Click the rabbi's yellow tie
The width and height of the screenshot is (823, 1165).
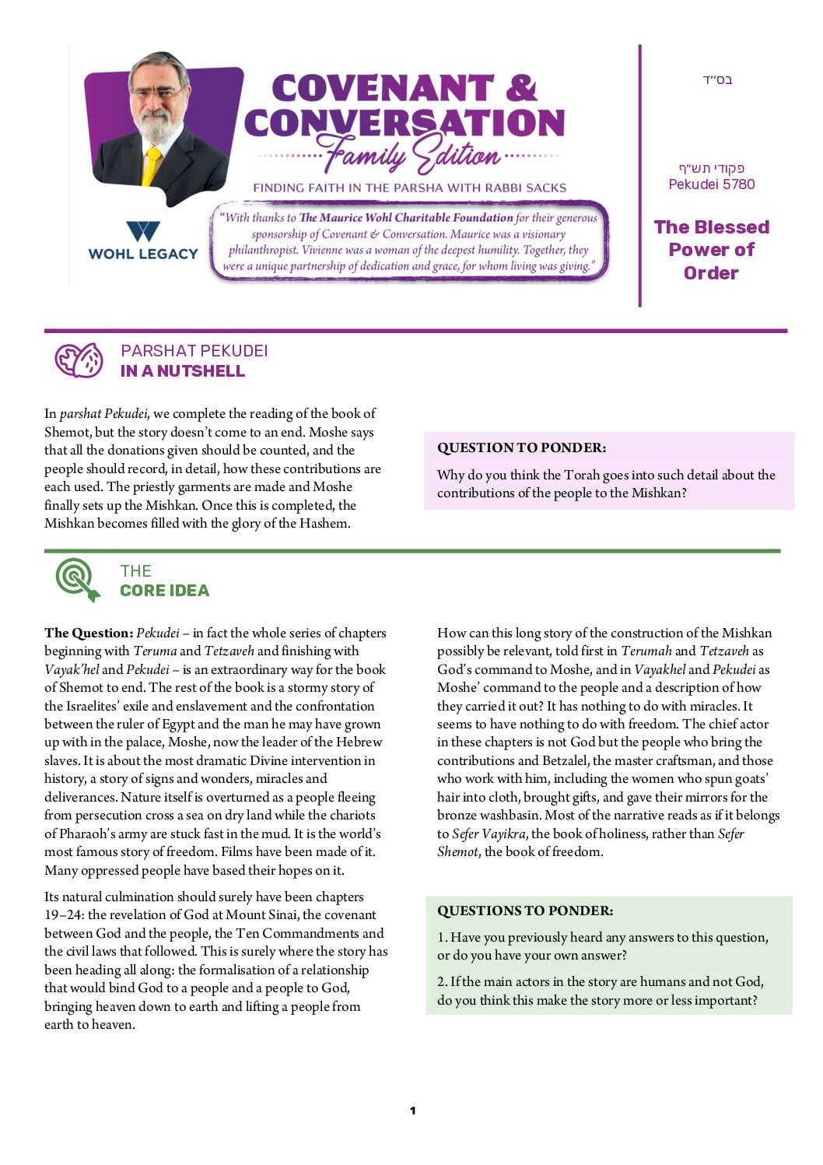click(151, 166)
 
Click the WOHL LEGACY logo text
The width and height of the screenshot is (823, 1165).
click(143, 254)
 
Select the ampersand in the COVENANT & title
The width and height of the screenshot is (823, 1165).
click(520, 88)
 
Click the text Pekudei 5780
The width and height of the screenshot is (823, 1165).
click(712, 184)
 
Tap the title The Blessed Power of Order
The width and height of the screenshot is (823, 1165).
click(711, 250)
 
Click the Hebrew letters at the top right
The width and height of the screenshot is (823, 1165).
click(717, 79)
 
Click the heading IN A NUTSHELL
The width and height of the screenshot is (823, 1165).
click(183, 371)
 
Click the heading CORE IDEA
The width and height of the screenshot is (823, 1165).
click(165, 591)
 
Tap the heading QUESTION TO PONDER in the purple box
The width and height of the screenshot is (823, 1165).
click(521, 447)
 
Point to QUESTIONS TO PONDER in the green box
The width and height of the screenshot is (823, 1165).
click(525, 911)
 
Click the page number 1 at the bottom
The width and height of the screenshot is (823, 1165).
click(412, 1111)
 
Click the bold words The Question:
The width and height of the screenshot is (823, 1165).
click(89, 633)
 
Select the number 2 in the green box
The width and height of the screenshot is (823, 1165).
click(441, 981)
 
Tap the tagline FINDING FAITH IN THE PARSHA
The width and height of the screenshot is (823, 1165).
click(409, 188)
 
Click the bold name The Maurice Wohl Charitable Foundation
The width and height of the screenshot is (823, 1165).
click(406, 218)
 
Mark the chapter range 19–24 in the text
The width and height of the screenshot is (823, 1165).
click(63, 915)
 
